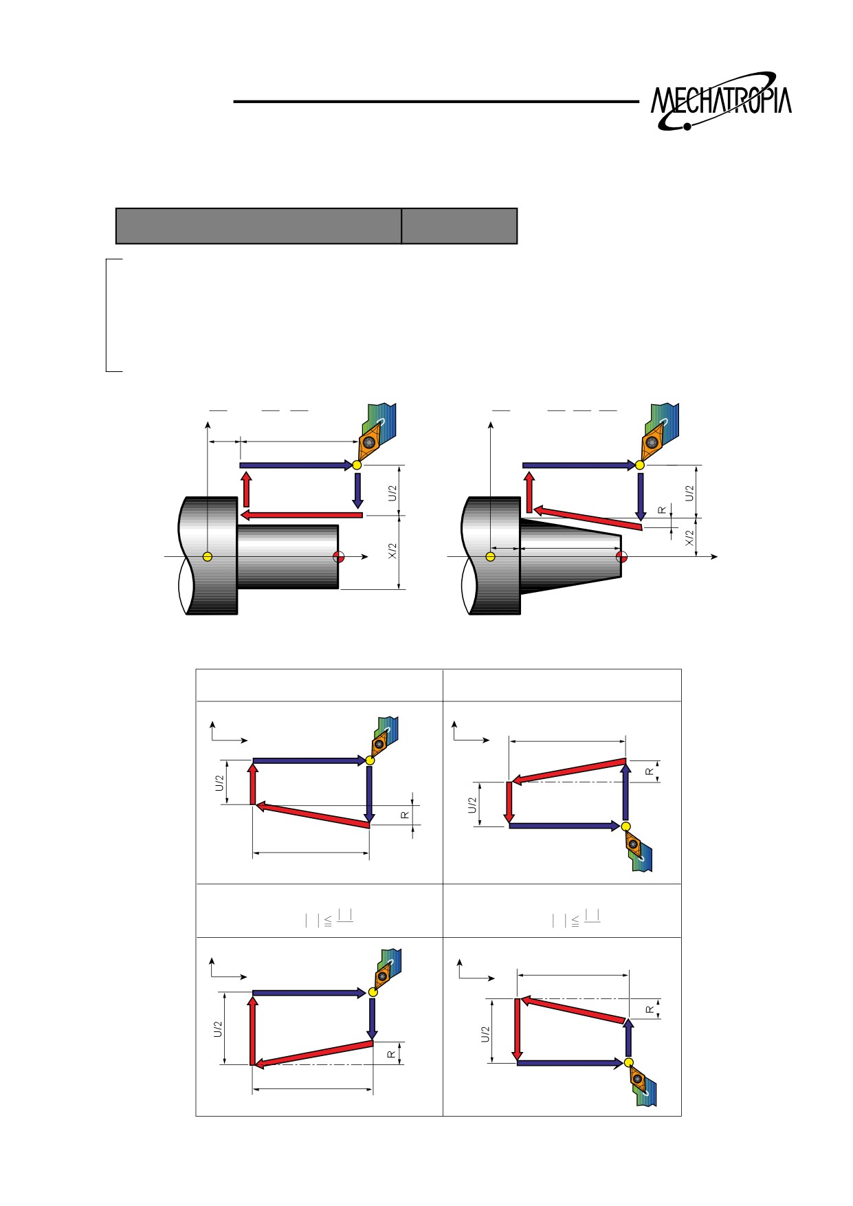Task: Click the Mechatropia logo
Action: tap(721, 101)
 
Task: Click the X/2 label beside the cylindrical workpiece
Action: tap(392, 551)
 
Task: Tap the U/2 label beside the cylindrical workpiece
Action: tap(392, 492)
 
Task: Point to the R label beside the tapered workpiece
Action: tap(662, 510)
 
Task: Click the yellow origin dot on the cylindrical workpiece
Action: tap(208, 556)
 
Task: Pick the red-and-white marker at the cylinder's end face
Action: tap(338, 556)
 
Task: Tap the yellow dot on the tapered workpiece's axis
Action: tap(491, 556)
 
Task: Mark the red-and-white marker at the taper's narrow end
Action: tap(621, 556)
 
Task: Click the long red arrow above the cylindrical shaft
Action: tap(301, 515)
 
